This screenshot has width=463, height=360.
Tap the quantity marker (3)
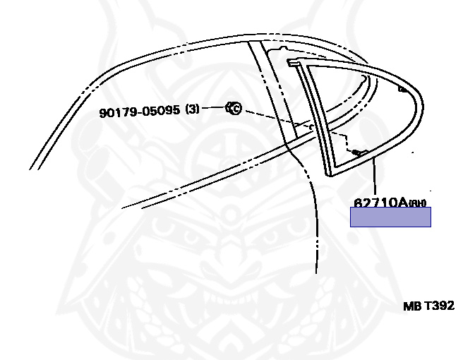pos(193,109)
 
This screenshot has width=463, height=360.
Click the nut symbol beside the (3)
pos(234,108)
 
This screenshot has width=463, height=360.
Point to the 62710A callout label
pos(381,203)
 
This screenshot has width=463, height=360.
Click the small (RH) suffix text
pos(419,204)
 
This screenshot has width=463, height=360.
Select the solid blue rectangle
pos(390,217)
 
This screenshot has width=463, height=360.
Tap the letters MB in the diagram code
pos(411,306)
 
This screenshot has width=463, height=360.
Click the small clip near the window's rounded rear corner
pos(403,89)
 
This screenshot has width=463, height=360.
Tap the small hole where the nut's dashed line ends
pos(308,127)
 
